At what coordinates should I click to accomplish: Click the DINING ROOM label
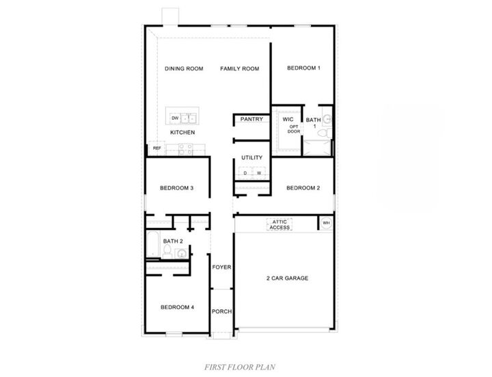tap(184, 68)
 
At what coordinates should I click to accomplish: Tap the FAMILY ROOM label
tap(239, 68)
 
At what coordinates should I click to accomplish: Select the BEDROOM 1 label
tap(304, 68)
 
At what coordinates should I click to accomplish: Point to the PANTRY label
tap(251, 119)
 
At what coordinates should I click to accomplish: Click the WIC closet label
tap(288, 119)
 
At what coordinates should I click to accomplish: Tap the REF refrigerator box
tap(156, 148)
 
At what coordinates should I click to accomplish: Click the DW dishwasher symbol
tap(176, 118)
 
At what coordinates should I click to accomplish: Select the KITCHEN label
tap(182, 132)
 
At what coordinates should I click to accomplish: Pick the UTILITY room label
tap(251, 158)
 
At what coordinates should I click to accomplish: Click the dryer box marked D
tap(245, 172)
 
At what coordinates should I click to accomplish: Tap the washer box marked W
tap(258, 172)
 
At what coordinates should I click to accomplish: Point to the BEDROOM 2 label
tap(303, 188)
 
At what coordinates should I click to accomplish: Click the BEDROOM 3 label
tap(177, 188)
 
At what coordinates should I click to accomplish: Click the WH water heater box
tap(325, 223)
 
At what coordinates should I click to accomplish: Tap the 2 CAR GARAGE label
tap(287, 278)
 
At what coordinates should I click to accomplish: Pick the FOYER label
tap(221, 267)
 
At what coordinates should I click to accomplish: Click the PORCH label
tap(221, 311)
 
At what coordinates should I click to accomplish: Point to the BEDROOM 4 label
tap(178, 307)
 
